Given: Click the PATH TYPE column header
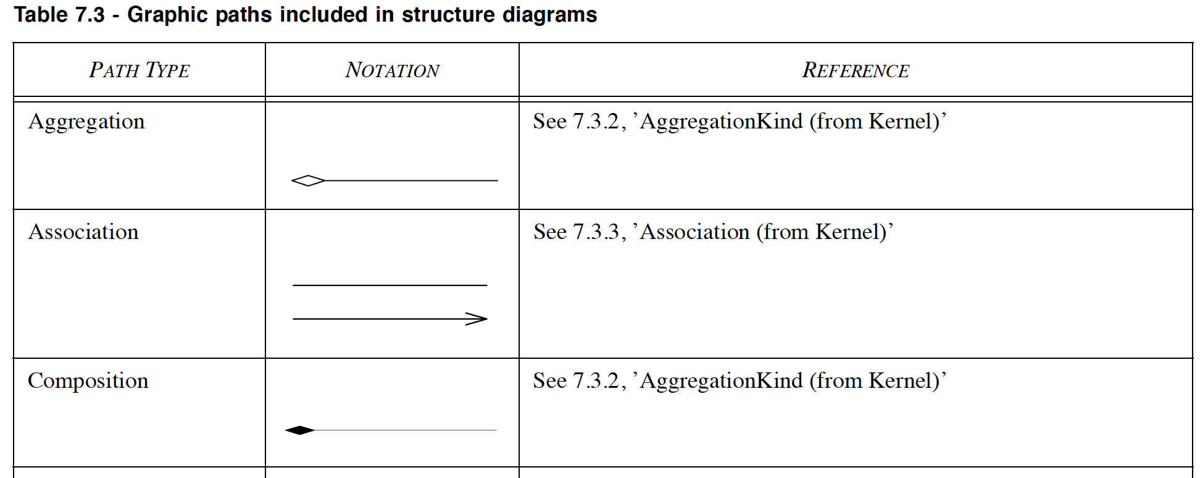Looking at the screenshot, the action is [140, 70].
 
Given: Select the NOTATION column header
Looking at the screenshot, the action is [392, 70].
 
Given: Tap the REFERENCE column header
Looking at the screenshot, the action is [856, 70].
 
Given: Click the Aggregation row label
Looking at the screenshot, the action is [86, 122].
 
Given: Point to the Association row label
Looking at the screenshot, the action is [83, 232].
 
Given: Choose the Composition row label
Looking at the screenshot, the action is [88, 382].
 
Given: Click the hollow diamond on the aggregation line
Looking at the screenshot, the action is [308, 181].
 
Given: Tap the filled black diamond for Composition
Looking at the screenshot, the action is [300, 430].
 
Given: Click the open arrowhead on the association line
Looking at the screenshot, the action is [477, 319].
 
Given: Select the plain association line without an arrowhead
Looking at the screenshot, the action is [390, 285].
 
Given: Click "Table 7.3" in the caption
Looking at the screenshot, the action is [59, 14].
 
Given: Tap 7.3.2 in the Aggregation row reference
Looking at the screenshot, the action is [596, 121].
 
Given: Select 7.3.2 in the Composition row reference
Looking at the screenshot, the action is [596, 380].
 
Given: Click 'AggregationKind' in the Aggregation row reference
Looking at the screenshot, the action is [722, 122].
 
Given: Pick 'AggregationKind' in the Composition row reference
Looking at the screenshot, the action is [722, 381].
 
